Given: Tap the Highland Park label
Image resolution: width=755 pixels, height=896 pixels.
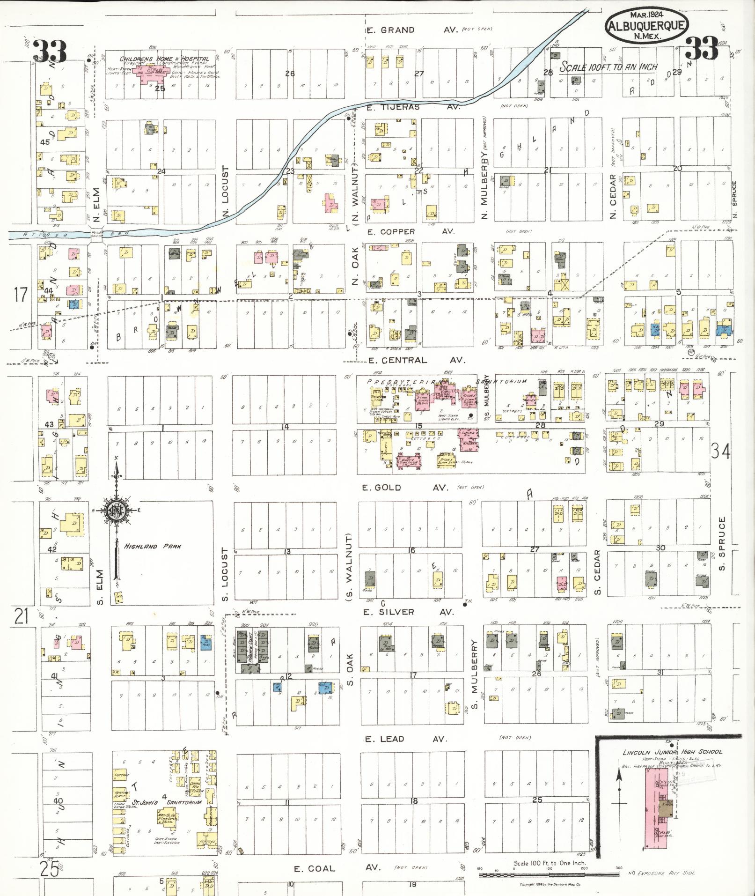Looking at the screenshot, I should point(153,546).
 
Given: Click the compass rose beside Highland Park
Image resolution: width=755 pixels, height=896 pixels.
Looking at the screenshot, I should point(117,511).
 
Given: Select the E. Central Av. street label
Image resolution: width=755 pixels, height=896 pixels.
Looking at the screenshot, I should point(417,360).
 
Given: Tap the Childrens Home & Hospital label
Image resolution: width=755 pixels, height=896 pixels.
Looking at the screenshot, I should point(164,59).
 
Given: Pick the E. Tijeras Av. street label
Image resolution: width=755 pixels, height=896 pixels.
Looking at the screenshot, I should point(413,107).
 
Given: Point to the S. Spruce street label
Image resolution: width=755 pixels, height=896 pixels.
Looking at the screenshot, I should point(722,544).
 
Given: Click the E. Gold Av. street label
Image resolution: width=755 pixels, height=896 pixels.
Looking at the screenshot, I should point(405,488).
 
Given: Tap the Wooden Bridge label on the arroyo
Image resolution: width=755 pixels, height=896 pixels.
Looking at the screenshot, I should point(97,233).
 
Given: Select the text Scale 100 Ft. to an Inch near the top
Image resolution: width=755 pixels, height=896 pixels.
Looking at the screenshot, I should point(608,67).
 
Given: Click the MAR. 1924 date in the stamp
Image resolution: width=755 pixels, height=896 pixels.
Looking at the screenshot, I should point(646,15).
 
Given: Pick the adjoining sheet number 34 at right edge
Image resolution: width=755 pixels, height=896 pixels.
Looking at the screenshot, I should point(720,451).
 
